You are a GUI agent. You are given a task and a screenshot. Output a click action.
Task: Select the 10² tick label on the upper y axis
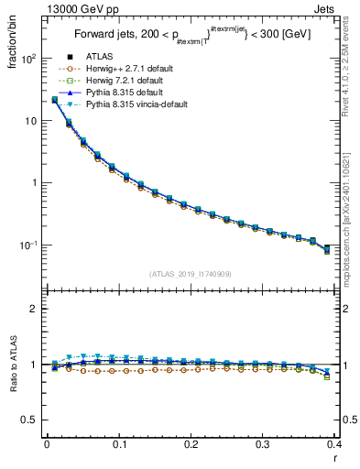29,59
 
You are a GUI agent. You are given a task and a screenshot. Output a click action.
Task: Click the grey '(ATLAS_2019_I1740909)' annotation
191,274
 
